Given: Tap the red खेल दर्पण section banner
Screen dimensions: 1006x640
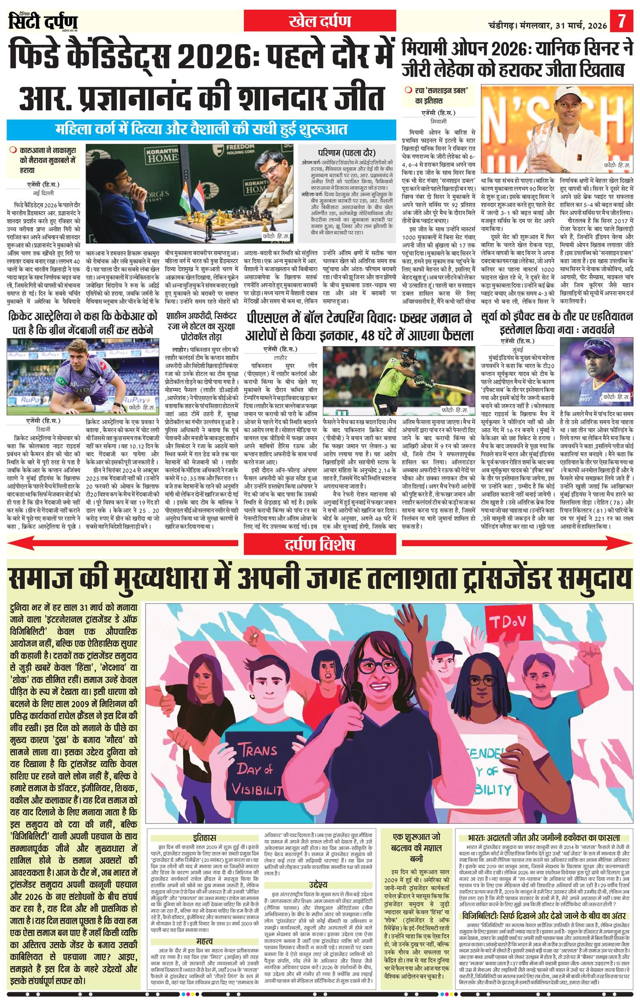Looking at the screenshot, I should click(x=320, y=21).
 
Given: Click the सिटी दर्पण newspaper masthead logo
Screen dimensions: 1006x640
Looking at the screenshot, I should click(x=42, y=21).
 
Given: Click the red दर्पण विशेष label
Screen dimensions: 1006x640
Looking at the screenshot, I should click(x=320, y=545).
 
